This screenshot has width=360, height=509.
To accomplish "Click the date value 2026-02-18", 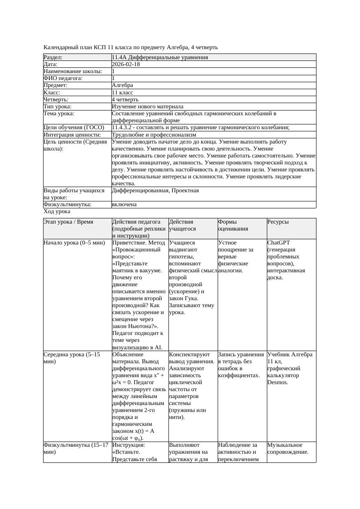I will click(126, 64).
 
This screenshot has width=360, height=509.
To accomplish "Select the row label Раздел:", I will click(53, 57).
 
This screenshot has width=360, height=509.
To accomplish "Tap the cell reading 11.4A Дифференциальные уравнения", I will click(160, 57).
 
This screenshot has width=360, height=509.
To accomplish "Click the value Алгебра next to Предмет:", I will click(122, 85).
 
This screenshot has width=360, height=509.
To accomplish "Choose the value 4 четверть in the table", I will click(126, 100).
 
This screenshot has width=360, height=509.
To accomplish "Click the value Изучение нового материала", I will click(148, 107).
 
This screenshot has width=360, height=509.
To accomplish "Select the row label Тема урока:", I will click(59, 114).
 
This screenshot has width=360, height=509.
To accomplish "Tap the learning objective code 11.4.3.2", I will click(124, 127).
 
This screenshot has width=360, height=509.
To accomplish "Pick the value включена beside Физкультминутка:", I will click(124, 204).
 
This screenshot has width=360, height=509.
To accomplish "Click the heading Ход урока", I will click(57, 211).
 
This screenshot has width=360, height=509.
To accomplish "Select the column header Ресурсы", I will click(278, 222).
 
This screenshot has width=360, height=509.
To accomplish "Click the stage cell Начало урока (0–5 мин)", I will click(74, 243).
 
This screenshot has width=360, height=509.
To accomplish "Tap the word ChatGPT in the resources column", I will click(279, 243).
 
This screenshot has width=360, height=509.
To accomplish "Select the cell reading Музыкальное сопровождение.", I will click(288, 449).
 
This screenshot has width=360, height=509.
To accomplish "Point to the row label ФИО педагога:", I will click(63, 78).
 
